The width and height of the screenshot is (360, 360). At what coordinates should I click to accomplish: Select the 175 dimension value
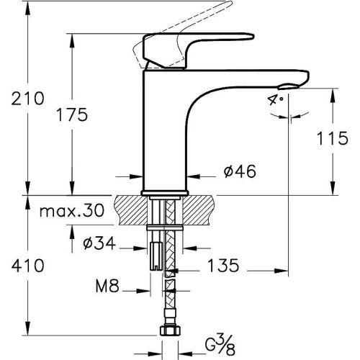point(71,114)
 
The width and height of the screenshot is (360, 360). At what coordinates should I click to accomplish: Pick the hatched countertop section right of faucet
point(205,207)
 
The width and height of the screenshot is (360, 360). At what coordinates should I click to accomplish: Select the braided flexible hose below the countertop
point(170,302)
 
